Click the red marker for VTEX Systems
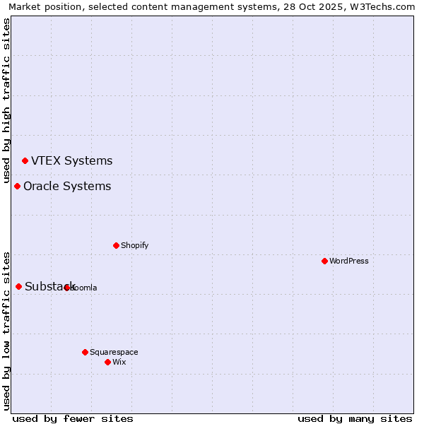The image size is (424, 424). pyautogui.click(x=25, y=160)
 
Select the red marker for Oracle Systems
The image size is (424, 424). pyautogui.click(x=17, y=186)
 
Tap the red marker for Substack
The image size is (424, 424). pyautogui.click(x=18, y=286)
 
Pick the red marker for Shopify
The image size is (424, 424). pyautogui.click(x=116, y=245)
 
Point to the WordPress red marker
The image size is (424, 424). pyautogui.click(x=324, y=261)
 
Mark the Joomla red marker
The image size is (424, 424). pyautogui.click(x=66, y=288)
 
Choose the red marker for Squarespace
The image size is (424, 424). pyautogui.click(x=85, y=352)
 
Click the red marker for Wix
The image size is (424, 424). pyautogui.click(x=107, y=362)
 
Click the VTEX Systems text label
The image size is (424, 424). pyautogui.click(x=71, y=160)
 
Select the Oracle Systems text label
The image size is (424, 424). pyautogui.click(x=67, y=186)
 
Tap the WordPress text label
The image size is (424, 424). pyautogui.click(x=349, y=261)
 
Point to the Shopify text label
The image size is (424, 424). pyautogui.click(x=134, y=245)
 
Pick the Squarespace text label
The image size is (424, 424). pyautogui.click(x=114, y=352)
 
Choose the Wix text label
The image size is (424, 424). pyautogui.click(x=119, y=362)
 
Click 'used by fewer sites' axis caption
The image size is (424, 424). pyautogui.click(x=73, y=418)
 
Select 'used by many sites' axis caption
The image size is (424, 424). pyautogui.click(x=355, y=418)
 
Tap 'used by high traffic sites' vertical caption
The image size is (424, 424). pyautogui.click(x=6, y=100)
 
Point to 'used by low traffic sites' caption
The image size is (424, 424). pyautogui.click(x=6, y=330)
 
